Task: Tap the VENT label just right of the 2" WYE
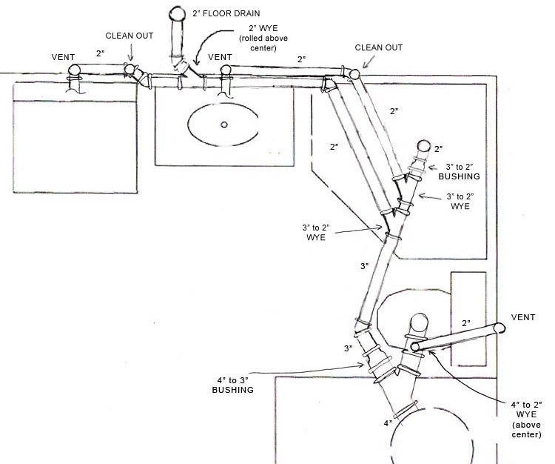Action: point(221,57)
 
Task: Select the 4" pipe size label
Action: point(386,423)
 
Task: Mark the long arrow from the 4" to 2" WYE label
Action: point(467,380)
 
